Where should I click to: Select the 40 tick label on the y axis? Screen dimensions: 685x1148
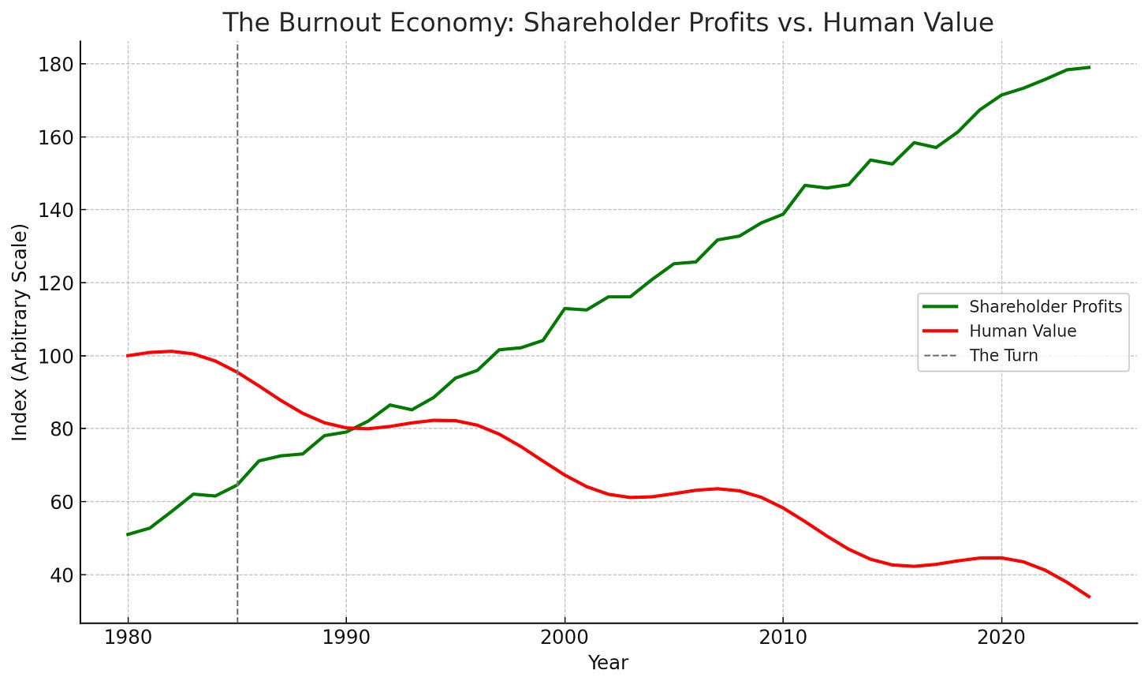(60, 575)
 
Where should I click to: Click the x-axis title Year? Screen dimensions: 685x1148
(608, 663)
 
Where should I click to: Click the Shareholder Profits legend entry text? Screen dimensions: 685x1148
(1045, 307)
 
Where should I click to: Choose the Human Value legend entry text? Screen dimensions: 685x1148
(1023, 331)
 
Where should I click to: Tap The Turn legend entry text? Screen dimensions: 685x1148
(1004, 356)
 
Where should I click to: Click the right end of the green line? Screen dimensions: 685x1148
(1089, 67)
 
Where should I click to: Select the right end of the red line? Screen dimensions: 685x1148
(1089, 597)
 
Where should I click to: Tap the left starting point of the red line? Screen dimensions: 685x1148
(128, 356)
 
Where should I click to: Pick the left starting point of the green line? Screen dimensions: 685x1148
(128, 534)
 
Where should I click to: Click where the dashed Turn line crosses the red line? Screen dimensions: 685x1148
(237, 372)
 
